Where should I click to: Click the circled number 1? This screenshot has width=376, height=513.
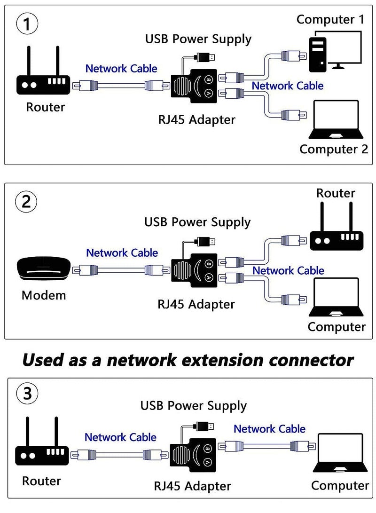point(27,25)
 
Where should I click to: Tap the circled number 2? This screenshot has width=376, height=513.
point(27,202)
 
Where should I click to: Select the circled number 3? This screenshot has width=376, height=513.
point(27,393)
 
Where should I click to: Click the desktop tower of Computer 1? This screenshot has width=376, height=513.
point(318,54)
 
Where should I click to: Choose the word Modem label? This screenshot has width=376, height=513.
point(44,295)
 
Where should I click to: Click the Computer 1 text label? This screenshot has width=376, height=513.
point(330,19)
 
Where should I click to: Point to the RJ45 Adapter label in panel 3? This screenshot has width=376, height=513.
point(193,485)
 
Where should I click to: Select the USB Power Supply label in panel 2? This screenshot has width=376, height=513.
point(197,221)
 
